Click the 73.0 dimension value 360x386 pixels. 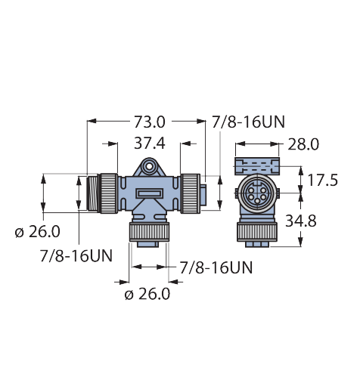(x=149, y=122)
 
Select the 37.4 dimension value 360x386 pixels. (x=150, y=144)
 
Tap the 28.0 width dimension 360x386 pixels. (x=303, y=144)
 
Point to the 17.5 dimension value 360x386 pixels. (x=322, y=181)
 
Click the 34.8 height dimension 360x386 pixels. (x=301, y=221)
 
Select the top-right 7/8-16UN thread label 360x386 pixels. (x=248, y=122)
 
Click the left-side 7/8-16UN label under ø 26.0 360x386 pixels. (x=76, y=256)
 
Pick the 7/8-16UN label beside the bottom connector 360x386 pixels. (x=216, y=267)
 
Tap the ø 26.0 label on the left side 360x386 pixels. (x=38, y=232)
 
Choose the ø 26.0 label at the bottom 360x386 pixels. (x=147, y=294)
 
